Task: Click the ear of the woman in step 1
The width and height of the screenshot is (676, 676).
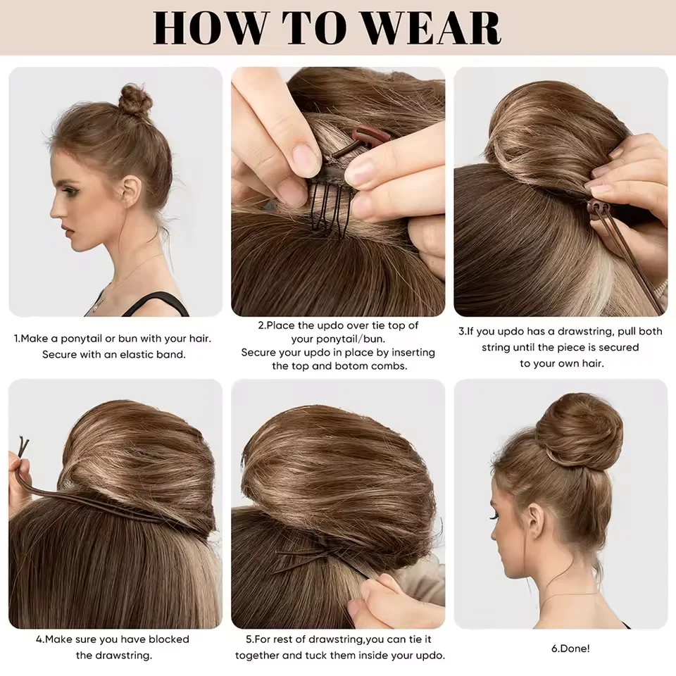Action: [x=131, y=189]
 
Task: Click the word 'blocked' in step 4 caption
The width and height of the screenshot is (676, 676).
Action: [x=165, y=639]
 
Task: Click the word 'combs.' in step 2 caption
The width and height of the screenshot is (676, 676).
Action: [x=388, y=365]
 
